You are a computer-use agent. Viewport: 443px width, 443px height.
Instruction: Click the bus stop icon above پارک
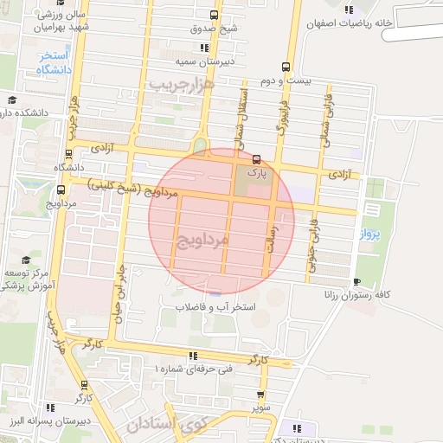[256, 160]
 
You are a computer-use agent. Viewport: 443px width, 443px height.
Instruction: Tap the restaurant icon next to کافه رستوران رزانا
[356, 281]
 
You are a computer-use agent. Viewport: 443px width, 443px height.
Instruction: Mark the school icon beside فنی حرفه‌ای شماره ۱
[192, 356]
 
